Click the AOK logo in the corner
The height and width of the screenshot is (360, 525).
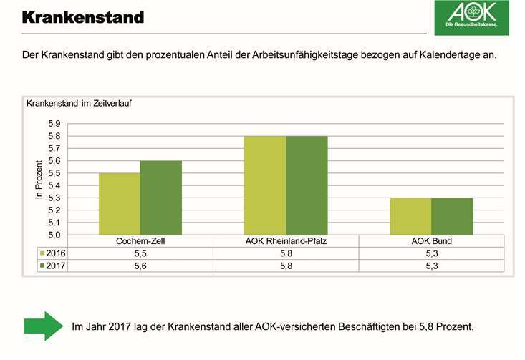(x=471, y=18)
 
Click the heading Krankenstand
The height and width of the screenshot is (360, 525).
(x=83, y=16)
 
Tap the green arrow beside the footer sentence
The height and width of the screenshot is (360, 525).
(x=44, y=326)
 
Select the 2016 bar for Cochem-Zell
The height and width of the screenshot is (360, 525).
(x=120, y=204)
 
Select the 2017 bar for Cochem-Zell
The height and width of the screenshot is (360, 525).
(x=161, y=198)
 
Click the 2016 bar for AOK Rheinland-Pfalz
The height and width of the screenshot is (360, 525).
(x=265, y=185)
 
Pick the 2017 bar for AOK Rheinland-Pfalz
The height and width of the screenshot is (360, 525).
(x=307, y=185)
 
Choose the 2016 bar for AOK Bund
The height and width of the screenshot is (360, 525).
(x=410, y=216)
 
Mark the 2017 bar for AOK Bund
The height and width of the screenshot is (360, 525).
(x=452, y=216)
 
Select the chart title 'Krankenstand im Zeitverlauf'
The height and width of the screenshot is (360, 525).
(x=79, y=103)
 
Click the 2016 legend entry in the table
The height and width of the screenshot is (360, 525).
(x=54, y=253)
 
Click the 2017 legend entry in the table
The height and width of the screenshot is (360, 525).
(x=54, y=266)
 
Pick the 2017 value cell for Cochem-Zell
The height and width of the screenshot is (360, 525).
(x=140, y=266)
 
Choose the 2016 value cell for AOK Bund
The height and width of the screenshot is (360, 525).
(x=431, y=253)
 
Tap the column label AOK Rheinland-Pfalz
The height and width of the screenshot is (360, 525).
(x=286, y=241)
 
